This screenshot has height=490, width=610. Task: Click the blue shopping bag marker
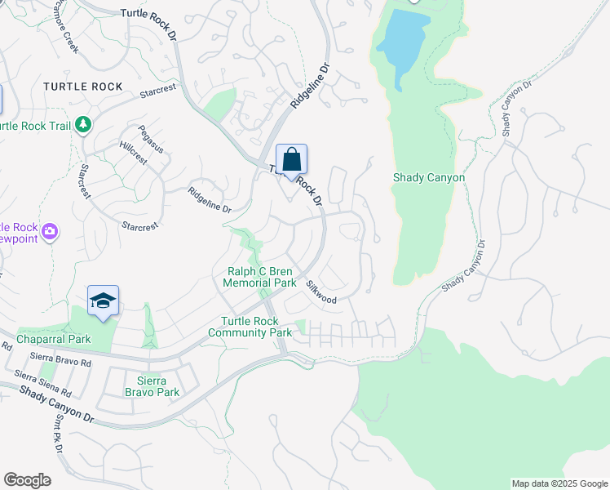(291, 160)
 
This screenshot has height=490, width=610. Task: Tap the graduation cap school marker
(103, 301)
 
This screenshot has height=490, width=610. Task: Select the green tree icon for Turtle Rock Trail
(82, 125)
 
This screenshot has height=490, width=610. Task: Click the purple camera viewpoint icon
(50, 232)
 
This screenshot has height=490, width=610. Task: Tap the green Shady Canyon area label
(428, 177)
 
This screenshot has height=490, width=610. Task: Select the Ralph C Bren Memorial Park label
(260, 276)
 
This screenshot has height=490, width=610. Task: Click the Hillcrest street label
(132, 154)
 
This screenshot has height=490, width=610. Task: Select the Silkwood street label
(321, 292)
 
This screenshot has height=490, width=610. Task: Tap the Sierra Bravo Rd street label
(58, 358)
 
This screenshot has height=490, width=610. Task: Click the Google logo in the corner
(27, 480)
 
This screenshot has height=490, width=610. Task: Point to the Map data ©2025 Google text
(559, 483)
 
